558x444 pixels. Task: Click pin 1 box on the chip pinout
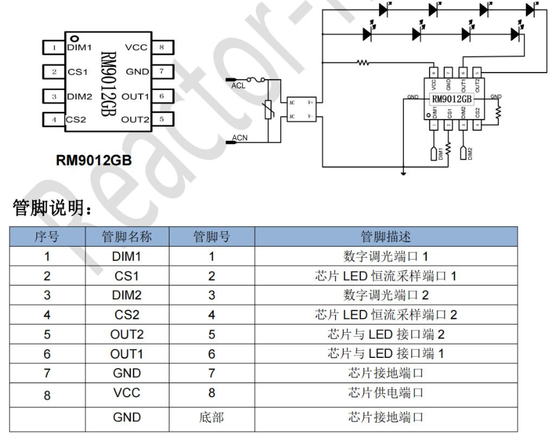tap(54, 47)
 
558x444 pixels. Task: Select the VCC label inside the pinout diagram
tap(136, 47)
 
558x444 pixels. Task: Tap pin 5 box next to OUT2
tap(161, 119)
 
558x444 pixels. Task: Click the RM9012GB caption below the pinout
tap(94, 161)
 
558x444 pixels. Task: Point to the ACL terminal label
tap(238, 85)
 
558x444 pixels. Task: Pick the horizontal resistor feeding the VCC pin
tap(363, 63)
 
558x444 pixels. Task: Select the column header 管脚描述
tap(385, 236)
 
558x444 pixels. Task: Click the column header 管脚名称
tap(126, 236)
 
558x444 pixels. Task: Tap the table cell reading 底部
tap(212, 417)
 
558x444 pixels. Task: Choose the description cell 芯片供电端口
tap(385, 392)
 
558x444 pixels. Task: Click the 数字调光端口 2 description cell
tap(385, 296)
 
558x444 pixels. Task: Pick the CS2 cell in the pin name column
tap(126, 315)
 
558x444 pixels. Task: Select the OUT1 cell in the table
tap(126, 353)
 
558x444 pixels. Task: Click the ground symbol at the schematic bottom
tap(403, 172)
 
